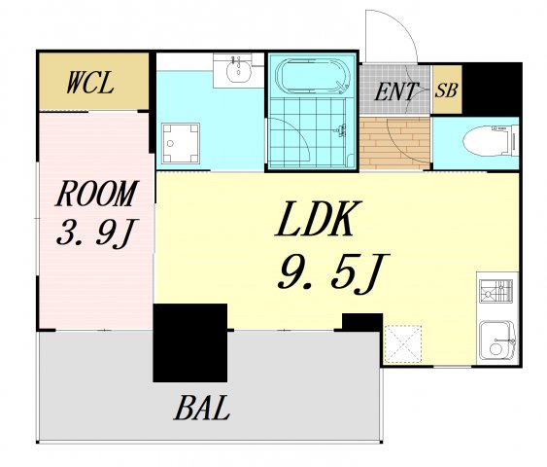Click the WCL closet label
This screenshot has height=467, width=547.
tap(90, 83)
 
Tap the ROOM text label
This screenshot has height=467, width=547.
tap(97, 194)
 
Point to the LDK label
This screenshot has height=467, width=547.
tap(318, 219)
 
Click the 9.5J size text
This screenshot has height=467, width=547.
tap(333, 271)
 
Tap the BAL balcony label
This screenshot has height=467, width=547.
tap(202, 408)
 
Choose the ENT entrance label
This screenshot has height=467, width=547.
tap(395, 91)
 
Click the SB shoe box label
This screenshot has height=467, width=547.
tap(446, 90)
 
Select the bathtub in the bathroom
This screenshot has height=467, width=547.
tap(312, 77)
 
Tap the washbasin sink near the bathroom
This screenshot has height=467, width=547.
tap(238, 71)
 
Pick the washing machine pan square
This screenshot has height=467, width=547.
tap(181, 143)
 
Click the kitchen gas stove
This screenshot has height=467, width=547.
tap(496, 291)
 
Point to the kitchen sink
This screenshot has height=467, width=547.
tap(496, 341)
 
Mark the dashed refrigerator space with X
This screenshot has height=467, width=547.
tap(402, 344)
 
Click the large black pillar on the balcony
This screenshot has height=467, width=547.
tap(190, 342)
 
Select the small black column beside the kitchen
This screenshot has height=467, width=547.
tap(362, 322)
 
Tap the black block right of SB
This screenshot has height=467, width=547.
tap(492, 90)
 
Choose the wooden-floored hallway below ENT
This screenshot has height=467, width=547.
tap(394, 144)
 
